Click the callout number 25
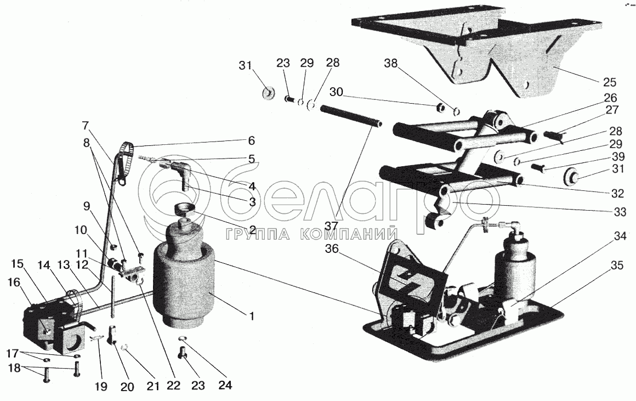click(609, 82)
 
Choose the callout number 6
click(252, 139)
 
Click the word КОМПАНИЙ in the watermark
click(348, 234)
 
